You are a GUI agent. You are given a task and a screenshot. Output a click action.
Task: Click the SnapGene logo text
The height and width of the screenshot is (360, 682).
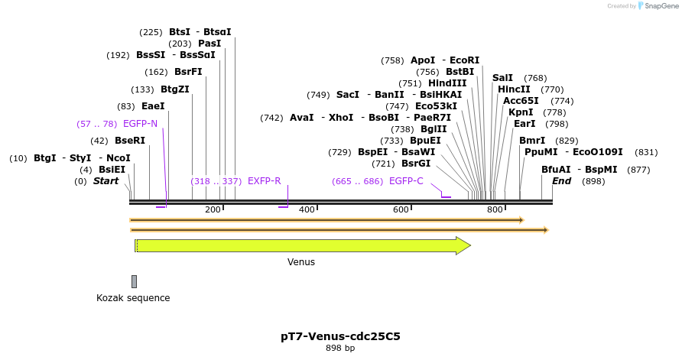658,6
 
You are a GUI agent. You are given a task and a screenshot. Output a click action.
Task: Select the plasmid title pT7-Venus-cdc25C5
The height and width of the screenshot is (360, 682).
340,336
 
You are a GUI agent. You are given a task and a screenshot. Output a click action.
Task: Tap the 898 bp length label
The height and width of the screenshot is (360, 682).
340,349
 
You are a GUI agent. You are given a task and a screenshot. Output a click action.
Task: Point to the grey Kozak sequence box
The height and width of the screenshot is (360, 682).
134,281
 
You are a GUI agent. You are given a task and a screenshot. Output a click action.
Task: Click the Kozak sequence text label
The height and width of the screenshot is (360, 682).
133,298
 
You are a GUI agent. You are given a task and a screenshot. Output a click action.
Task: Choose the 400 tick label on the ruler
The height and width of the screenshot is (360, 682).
307,209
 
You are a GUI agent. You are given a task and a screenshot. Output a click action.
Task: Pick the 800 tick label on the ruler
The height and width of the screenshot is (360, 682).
495,209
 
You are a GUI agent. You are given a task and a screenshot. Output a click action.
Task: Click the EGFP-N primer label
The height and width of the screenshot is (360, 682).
140,123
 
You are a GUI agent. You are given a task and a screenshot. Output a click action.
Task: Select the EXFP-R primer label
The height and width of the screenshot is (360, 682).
264,181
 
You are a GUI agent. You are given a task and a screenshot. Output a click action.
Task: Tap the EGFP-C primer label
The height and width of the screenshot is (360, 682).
406,181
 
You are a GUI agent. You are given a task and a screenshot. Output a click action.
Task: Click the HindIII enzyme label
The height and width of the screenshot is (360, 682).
447,83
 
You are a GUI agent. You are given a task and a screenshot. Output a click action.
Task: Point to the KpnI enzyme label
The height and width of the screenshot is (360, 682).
521,112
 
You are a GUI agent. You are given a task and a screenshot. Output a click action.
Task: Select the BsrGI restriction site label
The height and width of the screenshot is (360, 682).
416,164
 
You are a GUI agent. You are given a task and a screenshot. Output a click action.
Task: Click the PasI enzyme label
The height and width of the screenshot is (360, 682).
209,44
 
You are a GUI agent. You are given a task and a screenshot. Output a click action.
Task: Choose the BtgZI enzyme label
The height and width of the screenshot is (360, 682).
174,89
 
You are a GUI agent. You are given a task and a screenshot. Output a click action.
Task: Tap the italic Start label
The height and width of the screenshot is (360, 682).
106,181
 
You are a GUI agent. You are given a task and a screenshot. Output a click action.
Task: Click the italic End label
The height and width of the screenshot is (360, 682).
561,181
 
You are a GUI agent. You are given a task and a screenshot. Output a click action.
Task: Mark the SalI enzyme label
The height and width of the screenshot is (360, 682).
502,78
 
